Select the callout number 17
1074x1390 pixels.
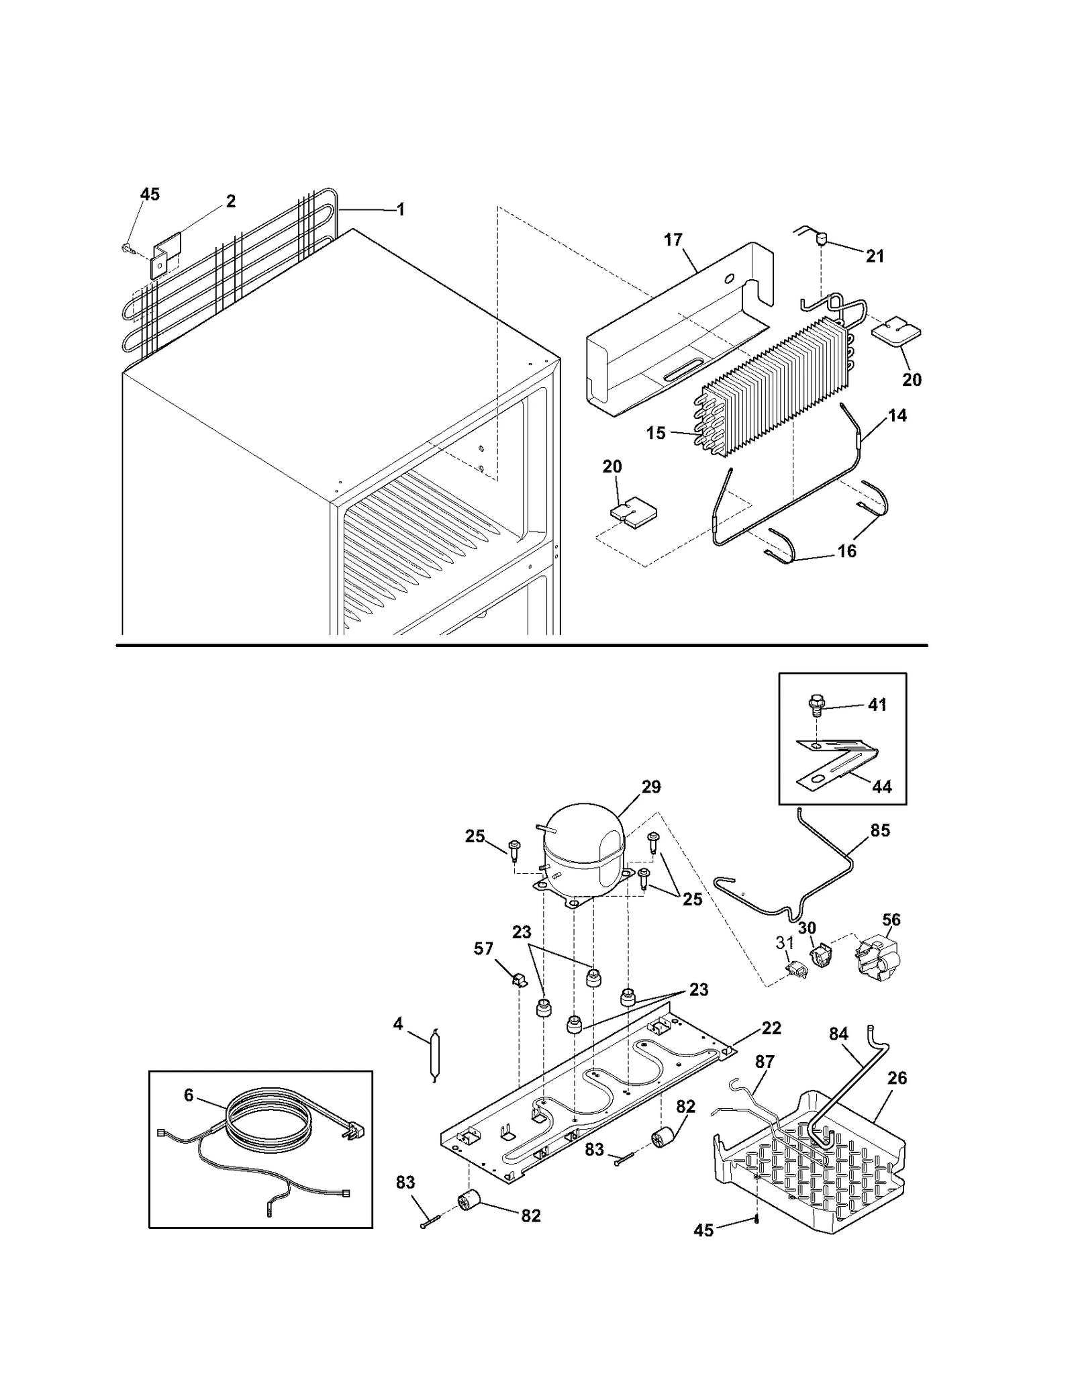click(x=673, y=240)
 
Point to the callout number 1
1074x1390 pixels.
click(x=401, y=210)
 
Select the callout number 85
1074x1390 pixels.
click(x=880, y=830)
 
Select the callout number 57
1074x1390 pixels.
click(x=483, y=949)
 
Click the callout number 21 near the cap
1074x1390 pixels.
click(x=875, y=256)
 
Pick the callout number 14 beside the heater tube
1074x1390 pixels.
click(x=897, y=416)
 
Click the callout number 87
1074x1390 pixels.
click(x=765, y=1062)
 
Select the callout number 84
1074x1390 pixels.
click(x=838, y=1034)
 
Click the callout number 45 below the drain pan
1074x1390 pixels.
click(x=703, y=1230)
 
